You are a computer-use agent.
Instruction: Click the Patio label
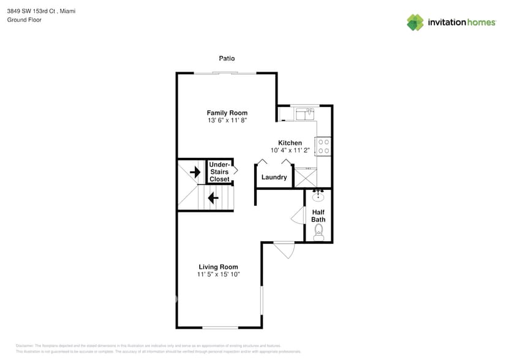[x=227, y=59]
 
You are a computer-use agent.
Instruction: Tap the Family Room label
[x=227, y=113]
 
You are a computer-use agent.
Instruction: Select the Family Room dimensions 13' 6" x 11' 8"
[x=227, y=121]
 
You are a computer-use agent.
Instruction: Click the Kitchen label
[x=290, y=143]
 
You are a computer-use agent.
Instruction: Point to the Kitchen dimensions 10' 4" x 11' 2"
[x=290, y=150]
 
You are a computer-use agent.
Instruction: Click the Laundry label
[x=274, y=178]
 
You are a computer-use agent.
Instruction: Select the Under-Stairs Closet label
[x=219, y=172]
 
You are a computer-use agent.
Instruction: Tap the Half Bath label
[x=318, y=216]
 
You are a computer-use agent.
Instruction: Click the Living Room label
[x=218, y=267]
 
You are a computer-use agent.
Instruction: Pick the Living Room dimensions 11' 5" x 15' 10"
[x=218, y=275]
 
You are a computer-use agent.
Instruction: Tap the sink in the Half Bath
[x=318, y=196]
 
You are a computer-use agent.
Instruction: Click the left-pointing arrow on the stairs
[x=213, y=198]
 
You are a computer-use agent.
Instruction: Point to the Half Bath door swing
[x=298, y=216]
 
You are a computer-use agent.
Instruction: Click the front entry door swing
[x=284, y=250]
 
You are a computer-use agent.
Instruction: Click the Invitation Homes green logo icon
[x=415, y=23]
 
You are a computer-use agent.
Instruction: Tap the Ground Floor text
[x=24, y=20]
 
